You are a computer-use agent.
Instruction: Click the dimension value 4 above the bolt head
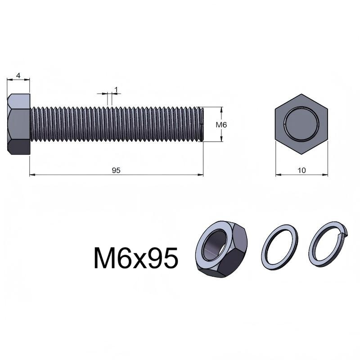click(x=18, y=75)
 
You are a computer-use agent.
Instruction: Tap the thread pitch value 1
click(x=116, y=90)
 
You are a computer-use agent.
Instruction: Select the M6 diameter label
click(x=221, y=125)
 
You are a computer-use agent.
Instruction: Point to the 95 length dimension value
click(x=116, y=171)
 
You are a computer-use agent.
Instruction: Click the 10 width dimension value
click(x=301, y=171)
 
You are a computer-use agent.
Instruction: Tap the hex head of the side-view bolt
click(x=18, y=124)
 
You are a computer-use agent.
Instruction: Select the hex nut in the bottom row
click(x=221, y=249)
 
